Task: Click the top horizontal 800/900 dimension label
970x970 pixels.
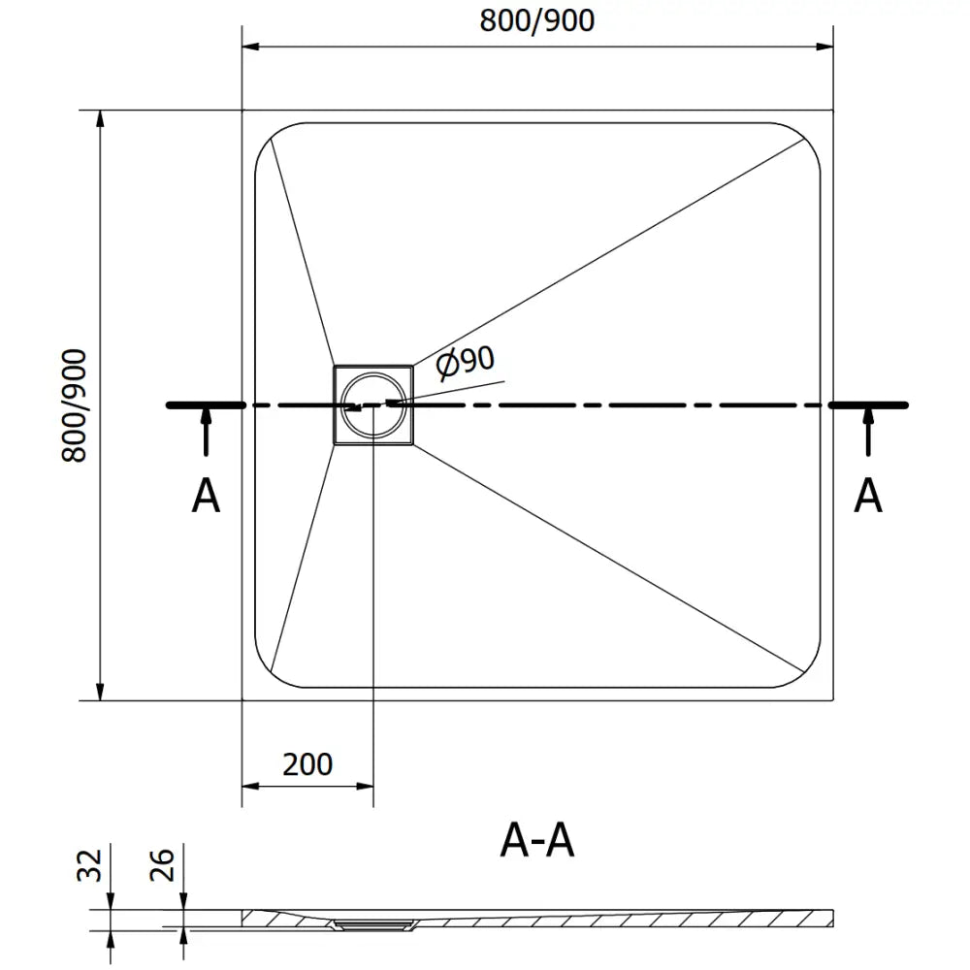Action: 536,20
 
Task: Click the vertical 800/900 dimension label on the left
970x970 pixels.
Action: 75,405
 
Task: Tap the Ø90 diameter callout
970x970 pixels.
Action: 465,364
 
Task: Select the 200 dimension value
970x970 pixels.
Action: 307,764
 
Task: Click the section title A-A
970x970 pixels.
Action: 537,840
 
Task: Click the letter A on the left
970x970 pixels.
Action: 206,497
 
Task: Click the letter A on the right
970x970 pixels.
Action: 867,497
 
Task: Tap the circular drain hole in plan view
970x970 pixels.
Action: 373,404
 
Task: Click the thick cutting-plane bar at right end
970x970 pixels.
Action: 869,404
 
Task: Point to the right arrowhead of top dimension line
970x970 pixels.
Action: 825,46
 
